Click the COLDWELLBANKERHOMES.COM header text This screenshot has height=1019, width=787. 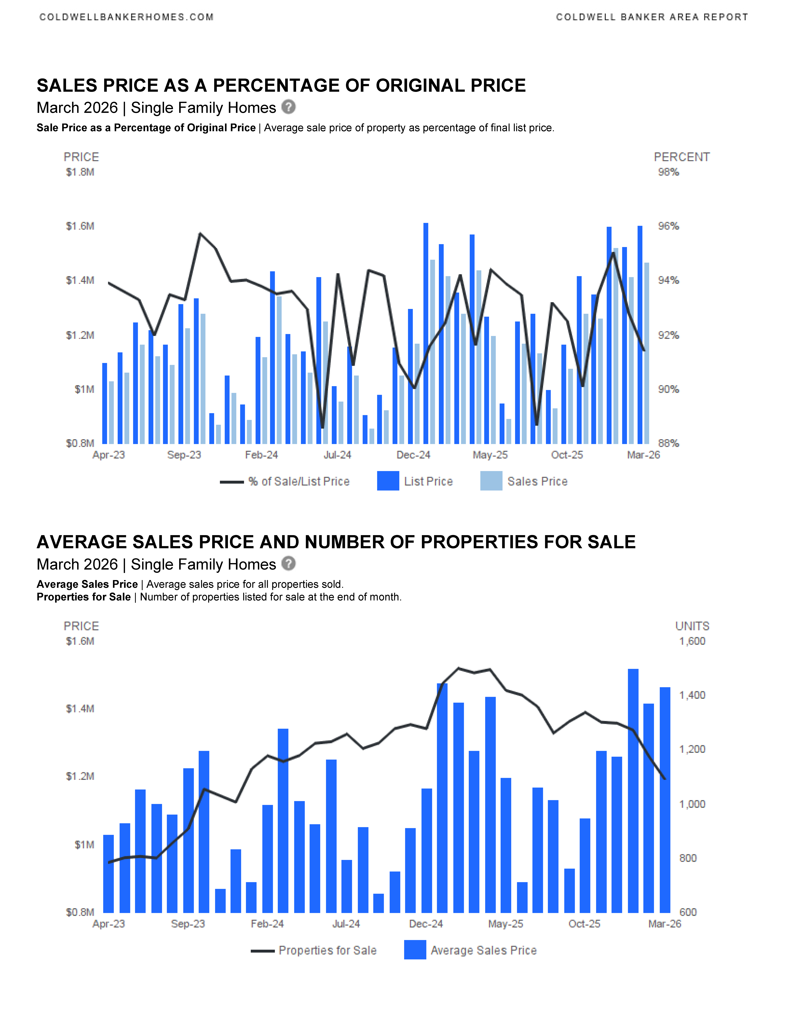coord(126,17)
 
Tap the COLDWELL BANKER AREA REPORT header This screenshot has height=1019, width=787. coord(652,17)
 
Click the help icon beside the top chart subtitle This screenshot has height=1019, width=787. coord(289,107)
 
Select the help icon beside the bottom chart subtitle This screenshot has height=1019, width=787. coord(289,564)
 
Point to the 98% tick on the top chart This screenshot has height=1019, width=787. coord(668,172)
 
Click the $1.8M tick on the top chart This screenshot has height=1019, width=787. coord(80,172)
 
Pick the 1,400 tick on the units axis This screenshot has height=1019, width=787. coord(692,695)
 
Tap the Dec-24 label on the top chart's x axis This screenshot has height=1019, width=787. coord(413,455)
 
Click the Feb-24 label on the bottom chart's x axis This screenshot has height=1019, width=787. coord(267,924)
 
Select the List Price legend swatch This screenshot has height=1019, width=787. coord(388,481)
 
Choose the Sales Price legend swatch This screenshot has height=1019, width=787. coord(491,481)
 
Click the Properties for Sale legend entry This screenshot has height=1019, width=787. coord(313,950)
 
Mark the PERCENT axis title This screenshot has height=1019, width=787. coord(681,157)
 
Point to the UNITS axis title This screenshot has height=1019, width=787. coord(692,626)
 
